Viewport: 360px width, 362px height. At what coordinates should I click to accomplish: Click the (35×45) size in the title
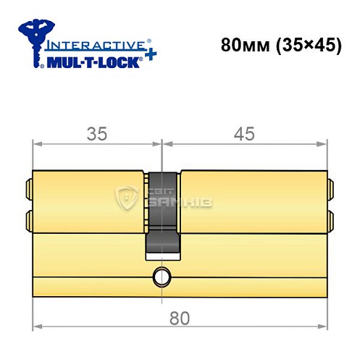[301, 43]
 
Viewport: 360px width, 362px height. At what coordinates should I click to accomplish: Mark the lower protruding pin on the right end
[331, 218]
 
